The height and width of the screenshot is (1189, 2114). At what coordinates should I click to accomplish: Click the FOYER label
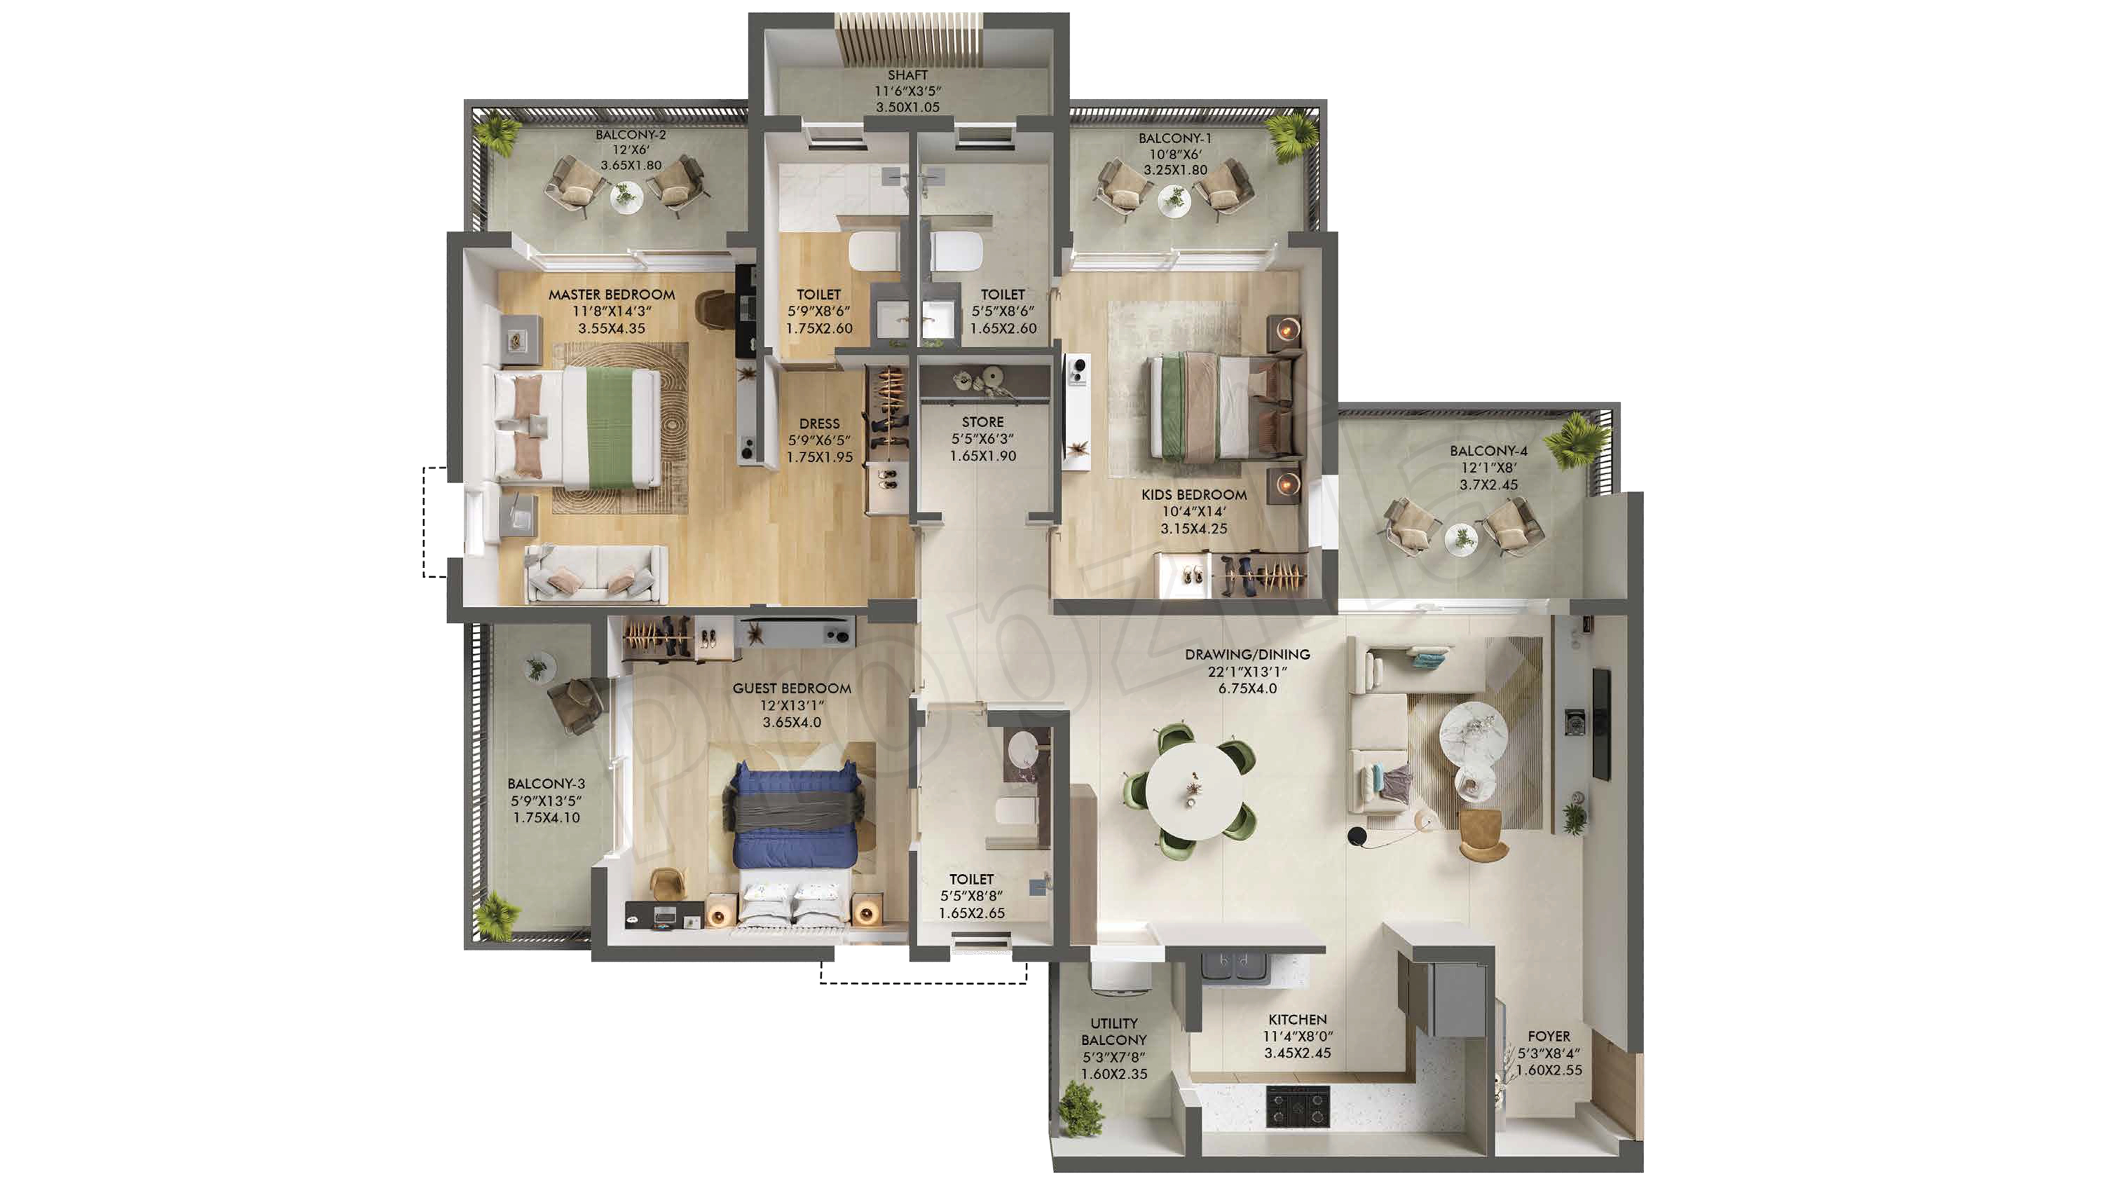pyautogui.click(x=1549, y=1036)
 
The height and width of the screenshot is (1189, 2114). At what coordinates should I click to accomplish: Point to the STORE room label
pyautogui.click(x=982, y=422)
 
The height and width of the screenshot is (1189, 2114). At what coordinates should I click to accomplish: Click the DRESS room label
pyautogui.click(x=819, y=423)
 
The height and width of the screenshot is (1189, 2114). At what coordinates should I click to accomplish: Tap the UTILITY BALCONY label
pyautogui.click(x=1114, y=1032)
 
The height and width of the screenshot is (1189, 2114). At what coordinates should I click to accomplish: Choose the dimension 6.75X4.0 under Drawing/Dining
pyautogui.click(x=1247, y=689)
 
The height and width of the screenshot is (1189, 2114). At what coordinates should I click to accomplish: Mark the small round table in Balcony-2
pyautogui.click(x=626, y=197)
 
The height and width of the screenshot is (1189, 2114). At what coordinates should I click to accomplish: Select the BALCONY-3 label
pyautogui.click(x=546, y=784)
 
